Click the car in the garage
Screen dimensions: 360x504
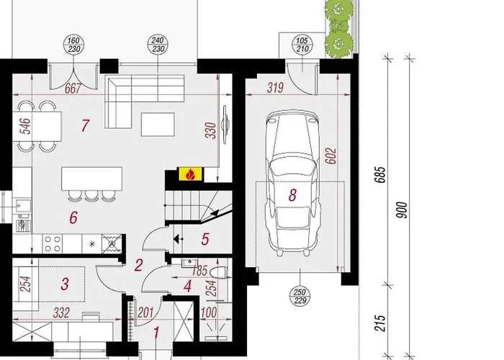point(292,184)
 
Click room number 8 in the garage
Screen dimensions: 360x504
point(292,194)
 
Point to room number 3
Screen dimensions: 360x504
point(64,284)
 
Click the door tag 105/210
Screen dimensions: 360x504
point(302,43)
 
